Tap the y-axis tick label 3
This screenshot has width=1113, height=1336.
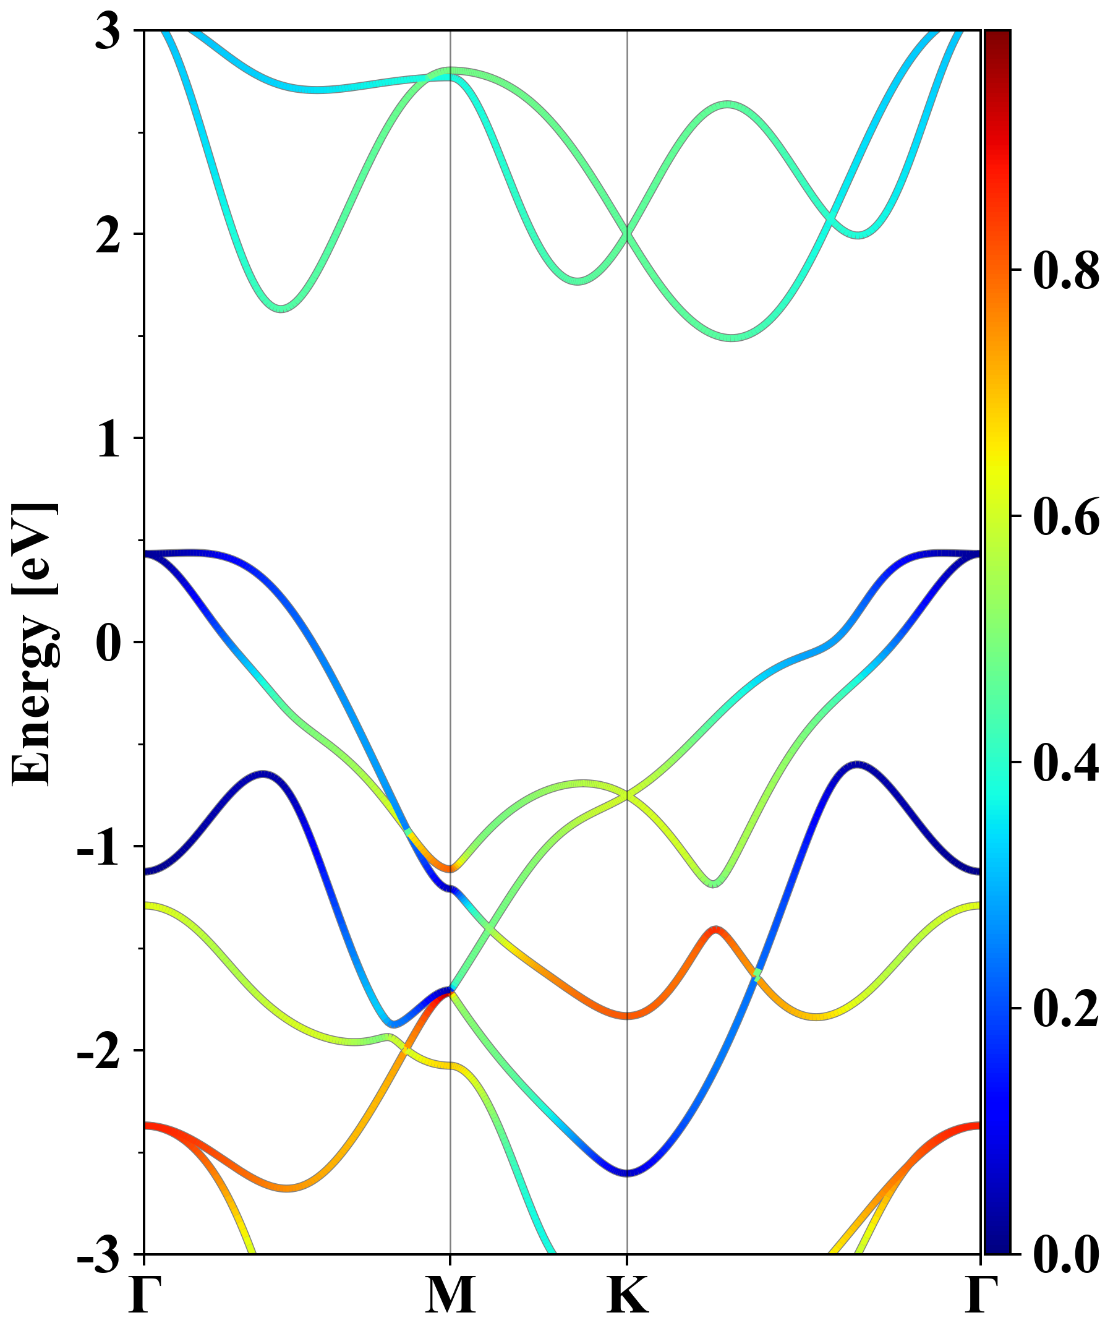click(108, 32)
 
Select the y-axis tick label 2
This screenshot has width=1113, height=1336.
click(108, 236)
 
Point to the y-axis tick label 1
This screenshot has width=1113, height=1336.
click(108, 439)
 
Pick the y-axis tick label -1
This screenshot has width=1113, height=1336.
click(100, 847)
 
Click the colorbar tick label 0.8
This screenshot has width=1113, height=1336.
click(1066, 270)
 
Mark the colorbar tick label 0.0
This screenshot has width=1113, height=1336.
click(1066, 1254)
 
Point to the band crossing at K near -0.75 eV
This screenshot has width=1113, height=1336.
click(628, 795)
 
